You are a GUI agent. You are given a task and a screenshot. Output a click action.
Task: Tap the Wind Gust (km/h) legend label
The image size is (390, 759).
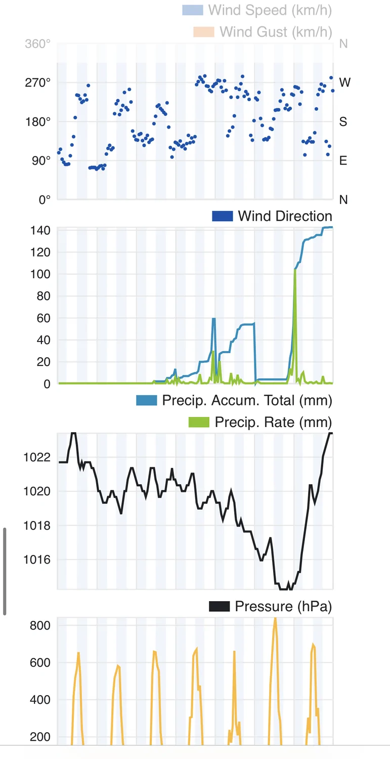click(276, 31)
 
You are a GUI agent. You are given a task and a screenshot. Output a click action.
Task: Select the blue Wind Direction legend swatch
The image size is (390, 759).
click(222, 216)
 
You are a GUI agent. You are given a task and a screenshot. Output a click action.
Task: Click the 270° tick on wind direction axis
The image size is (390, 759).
click(38, 82)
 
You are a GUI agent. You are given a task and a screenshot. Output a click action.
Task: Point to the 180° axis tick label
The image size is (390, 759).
click(38, 121)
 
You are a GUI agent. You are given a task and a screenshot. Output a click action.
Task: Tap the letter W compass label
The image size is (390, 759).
click(344, 82)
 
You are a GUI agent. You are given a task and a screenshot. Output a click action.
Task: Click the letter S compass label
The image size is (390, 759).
click(343, 121)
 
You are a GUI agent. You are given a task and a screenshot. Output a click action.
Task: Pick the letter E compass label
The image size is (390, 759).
click(343, 161)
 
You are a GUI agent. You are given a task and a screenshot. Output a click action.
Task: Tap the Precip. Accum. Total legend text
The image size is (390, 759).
click(247, 400)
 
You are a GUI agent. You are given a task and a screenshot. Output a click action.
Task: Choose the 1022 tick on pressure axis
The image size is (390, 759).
click(37, 457)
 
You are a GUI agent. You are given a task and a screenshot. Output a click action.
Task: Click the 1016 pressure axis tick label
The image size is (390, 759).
click(37, 560)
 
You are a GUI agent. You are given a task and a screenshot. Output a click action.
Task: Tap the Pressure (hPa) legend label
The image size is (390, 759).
click(283, 606)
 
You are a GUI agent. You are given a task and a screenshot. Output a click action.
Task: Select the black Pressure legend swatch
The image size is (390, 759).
click(219, 606)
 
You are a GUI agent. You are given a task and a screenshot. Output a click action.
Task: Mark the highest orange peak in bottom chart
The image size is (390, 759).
click(275, 618)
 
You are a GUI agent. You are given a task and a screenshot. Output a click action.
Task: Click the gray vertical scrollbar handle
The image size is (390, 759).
click(5, 571)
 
